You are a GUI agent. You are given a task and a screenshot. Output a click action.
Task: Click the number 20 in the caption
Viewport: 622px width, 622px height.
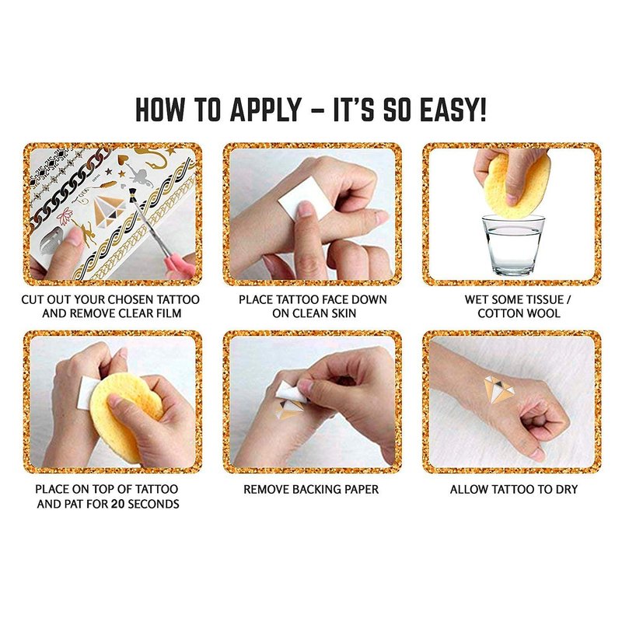click(117, 504)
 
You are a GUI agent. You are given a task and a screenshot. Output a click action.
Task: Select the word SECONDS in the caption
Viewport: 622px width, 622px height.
click(153, 504)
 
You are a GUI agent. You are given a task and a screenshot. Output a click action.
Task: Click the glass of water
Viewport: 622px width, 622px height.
click(513, 245)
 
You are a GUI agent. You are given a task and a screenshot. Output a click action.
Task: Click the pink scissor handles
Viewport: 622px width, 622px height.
click(180, 265)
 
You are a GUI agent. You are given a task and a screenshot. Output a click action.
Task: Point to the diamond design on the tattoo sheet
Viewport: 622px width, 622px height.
click(109, 210)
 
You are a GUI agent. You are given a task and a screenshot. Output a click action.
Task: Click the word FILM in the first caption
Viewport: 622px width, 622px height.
click(168, 313)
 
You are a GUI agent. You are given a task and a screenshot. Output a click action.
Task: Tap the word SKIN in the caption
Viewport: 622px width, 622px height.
click(342, 313)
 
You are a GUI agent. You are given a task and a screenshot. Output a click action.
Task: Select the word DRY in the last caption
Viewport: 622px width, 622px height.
click(566, 489)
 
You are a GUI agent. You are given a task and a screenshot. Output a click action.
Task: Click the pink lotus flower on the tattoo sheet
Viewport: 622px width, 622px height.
click(64, 216)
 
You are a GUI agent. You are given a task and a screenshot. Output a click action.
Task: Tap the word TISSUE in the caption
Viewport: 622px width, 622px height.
click(541, 299)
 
